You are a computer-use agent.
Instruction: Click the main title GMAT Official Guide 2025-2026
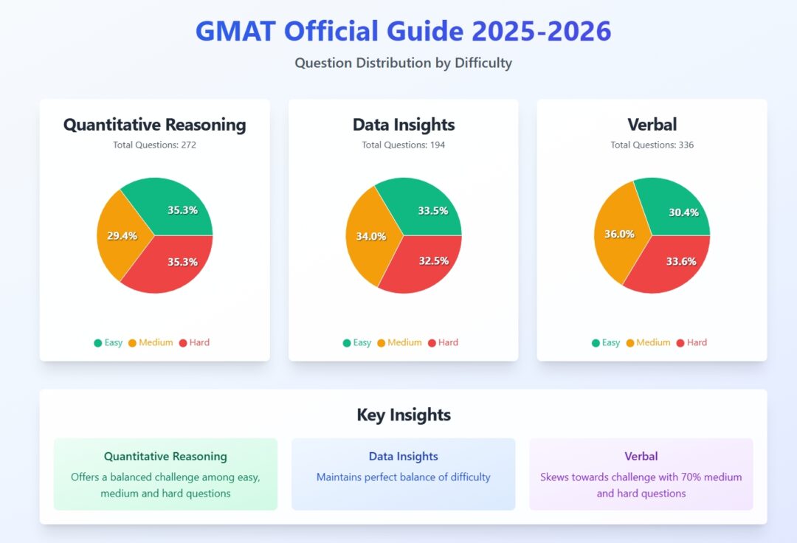point(403,31)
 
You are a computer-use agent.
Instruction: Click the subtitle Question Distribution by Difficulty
point(403,63)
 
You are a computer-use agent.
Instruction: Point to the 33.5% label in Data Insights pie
point(433,210)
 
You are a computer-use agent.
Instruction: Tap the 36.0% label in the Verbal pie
point(619,234)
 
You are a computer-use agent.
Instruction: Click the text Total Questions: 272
point(154,145)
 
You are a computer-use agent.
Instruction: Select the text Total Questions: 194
point(403,145)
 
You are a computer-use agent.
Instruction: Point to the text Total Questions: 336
point(652,145)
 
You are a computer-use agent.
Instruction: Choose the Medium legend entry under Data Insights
point(399,342)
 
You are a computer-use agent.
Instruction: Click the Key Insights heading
point(403,415)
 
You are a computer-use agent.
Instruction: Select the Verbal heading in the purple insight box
point(641,456)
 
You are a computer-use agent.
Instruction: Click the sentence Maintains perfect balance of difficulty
point(403,477)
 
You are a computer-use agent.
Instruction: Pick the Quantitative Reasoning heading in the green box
point(165,456)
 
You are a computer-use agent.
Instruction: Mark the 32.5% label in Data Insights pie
point(433,260)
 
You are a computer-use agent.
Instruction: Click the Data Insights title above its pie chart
point(403,125)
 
